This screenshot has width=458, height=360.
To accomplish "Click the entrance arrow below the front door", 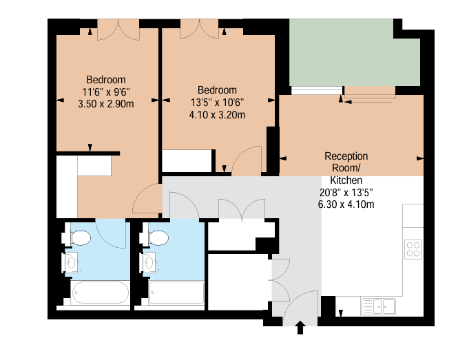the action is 300,327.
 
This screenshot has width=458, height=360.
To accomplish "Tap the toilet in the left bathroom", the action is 77,237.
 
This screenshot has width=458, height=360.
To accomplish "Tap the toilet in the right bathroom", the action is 154,237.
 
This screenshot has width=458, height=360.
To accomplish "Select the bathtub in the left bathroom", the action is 100,293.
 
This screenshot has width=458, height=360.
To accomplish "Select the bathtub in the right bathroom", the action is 176,293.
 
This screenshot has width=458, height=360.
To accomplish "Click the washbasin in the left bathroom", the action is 70,262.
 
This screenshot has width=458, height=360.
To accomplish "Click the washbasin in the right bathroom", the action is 148,262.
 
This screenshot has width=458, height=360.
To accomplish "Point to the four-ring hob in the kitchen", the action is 413,249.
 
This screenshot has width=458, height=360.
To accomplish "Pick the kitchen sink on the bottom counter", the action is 379,306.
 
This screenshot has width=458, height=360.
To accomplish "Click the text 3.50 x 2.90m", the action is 106,104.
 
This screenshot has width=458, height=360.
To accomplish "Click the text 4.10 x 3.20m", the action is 217,115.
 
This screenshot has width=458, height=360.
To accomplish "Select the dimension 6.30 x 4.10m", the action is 346,204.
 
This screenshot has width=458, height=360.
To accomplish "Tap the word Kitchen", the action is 346,180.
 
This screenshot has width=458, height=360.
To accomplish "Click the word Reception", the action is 346,156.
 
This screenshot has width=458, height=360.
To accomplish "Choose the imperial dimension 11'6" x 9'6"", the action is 106,92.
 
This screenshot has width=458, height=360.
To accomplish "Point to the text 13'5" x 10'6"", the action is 217,103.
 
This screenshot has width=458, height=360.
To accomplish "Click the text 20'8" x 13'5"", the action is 346,193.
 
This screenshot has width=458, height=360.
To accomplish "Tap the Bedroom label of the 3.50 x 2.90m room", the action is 106,80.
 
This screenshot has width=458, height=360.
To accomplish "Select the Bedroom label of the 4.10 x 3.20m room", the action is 217,90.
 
